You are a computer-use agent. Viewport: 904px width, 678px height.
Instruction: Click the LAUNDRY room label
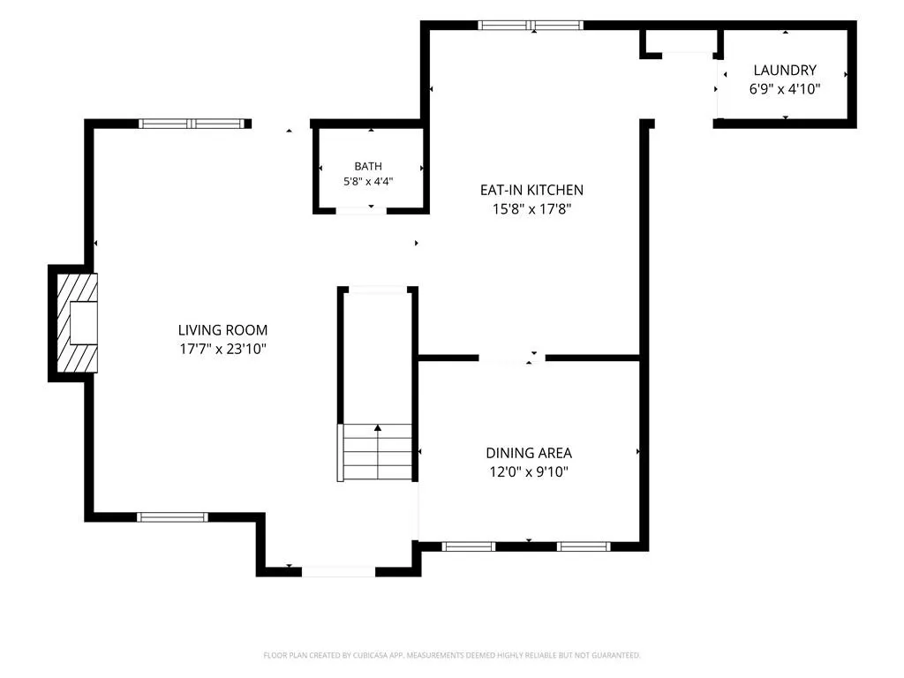(x=785, y=71)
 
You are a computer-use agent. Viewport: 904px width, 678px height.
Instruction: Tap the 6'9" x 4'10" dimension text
(x=785, y=89)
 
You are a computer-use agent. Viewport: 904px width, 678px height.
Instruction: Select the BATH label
(x=368, y=166)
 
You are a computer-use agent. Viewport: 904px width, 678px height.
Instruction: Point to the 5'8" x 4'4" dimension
(x=368, y=181)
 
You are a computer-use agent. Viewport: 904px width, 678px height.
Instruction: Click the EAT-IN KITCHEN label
(x=531, y=190)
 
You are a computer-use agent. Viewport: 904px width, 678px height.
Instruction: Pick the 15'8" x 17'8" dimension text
(x=531, y=208)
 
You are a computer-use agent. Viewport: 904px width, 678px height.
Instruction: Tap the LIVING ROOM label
(x=222, y=330)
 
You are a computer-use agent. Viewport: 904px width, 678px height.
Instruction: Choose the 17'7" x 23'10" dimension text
(x=222, y=349)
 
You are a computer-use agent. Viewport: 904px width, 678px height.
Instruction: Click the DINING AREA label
(x=529, y=453)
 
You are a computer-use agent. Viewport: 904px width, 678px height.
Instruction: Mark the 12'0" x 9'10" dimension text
(x=529, y=471)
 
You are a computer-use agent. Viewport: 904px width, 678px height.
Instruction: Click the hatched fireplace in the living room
(x=77, y=323)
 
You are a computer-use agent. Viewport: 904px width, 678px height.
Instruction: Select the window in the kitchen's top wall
(x=531, y=25)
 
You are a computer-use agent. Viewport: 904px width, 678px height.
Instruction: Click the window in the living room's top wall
(x=192, y=124)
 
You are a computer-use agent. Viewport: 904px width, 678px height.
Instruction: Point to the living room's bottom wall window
(x=172, y=517)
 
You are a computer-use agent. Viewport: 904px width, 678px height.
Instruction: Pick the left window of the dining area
(x=469, y=546)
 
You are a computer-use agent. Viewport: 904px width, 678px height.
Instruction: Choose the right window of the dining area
(x=584, y=546)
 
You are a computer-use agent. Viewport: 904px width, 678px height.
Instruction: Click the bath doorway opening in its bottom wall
(x=361, y=210)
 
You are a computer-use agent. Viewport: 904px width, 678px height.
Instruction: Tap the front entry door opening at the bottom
(x=338, y=572)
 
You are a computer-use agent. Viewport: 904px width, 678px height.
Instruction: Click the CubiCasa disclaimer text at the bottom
(x=451, y=655)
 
